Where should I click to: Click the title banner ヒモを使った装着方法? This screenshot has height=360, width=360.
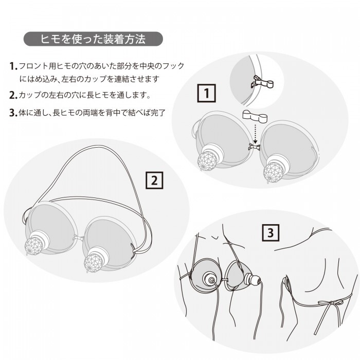93,39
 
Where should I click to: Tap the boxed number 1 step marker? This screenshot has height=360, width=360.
206,94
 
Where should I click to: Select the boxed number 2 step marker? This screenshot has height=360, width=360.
155,181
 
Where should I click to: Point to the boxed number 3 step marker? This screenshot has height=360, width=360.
271,233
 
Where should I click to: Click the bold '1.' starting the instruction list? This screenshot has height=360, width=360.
13,66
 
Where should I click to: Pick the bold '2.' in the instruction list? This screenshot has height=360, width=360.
13,95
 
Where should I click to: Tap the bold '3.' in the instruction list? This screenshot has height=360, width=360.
13,113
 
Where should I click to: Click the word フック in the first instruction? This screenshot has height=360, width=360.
174,66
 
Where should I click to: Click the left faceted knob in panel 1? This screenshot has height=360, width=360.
210,160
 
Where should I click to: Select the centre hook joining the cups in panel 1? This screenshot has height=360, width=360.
253,147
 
